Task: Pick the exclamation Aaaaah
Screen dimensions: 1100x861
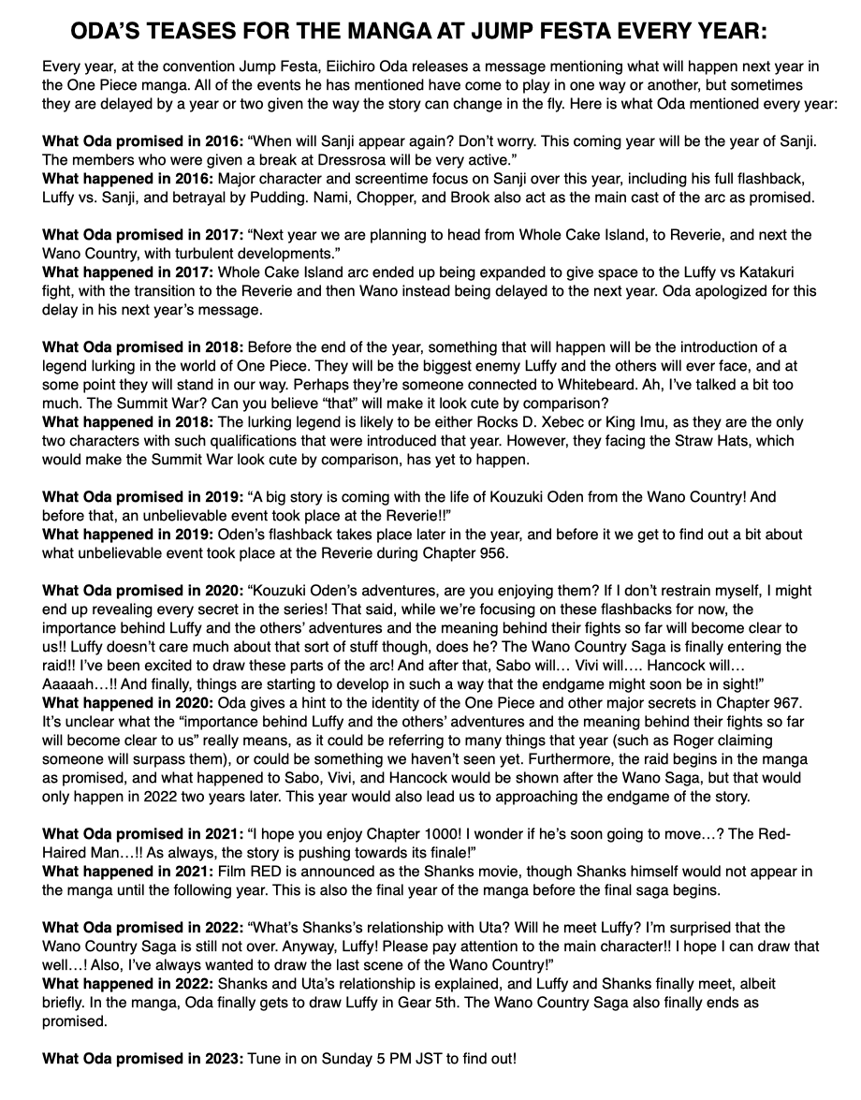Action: pyautogui.click(x=71, y=666)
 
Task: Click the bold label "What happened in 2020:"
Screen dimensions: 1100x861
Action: pyautogui.click(x=128, y=684)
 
